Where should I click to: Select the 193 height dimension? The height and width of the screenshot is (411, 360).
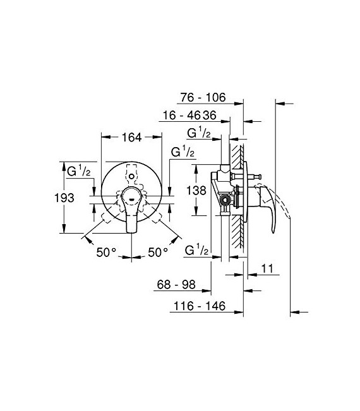click(x=63, y=198)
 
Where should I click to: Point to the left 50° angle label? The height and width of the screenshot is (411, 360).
click(x=106, y=252)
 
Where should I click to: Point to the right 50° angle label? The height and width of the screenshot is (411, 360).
click(x=157, y=252)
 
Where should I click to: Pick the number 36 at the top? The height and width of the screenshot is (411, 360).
click(x=210, y=116)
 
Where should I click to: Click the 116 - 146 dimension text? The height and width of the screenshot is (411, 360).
click(x=197, y=307)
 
